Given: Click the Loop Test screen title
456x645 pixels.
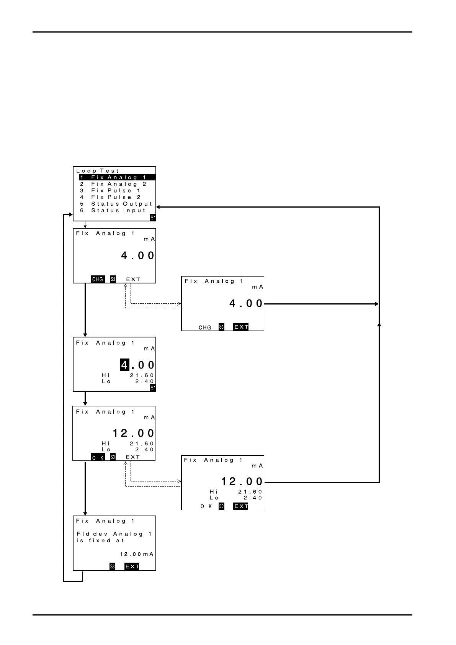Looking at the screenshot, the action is [98, 171].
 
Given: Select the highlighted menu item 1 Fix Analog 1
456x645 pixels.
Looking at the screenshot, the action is [117, 178].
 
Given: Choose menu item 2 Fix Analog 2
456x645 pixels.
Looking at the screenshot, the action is [113, 184].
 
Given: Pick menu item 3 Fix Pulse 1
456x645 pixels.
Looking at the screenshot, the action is [110, 191].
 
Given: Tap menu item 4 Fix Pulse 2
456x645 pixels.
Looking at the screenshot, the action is [110, 197].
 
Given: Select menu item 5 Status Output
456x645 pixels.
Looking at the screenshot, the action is [116, 204].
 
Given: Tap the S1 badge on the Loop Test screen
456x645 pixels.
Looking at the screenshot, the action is [153, 218].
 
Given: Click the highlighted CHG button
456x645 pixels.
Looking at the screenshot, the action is [98, 279].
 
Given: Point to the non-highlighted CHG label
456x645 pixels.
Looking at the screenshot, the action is [205, 327].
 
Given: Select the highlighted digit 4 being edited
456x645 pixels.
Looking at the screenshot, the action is [124, 365].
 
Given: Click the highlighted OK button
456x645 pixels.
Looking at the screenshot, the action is [98, 457].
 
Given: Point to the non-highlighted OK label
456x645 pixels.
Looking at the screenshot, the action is [206, 506].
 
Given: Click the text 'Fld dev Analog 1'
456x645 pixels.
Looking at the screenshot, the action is [114, 534].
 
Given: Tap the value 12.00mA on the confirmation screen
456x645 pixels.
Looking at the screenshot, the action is [137, 554].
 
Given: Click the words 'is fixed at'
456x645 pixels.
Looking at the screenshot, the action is [100, 540].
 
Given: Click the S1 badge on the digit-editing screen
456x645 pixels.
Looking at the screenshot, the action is [153, 388].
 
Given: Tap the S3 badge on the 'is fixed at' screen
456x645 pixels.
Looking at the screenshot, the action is [112, 566].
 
